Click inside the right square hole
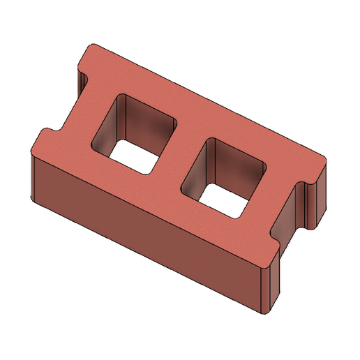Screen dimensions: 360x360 point(223,174)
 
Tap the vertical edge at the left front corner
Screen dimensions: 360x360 point(33,174)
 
